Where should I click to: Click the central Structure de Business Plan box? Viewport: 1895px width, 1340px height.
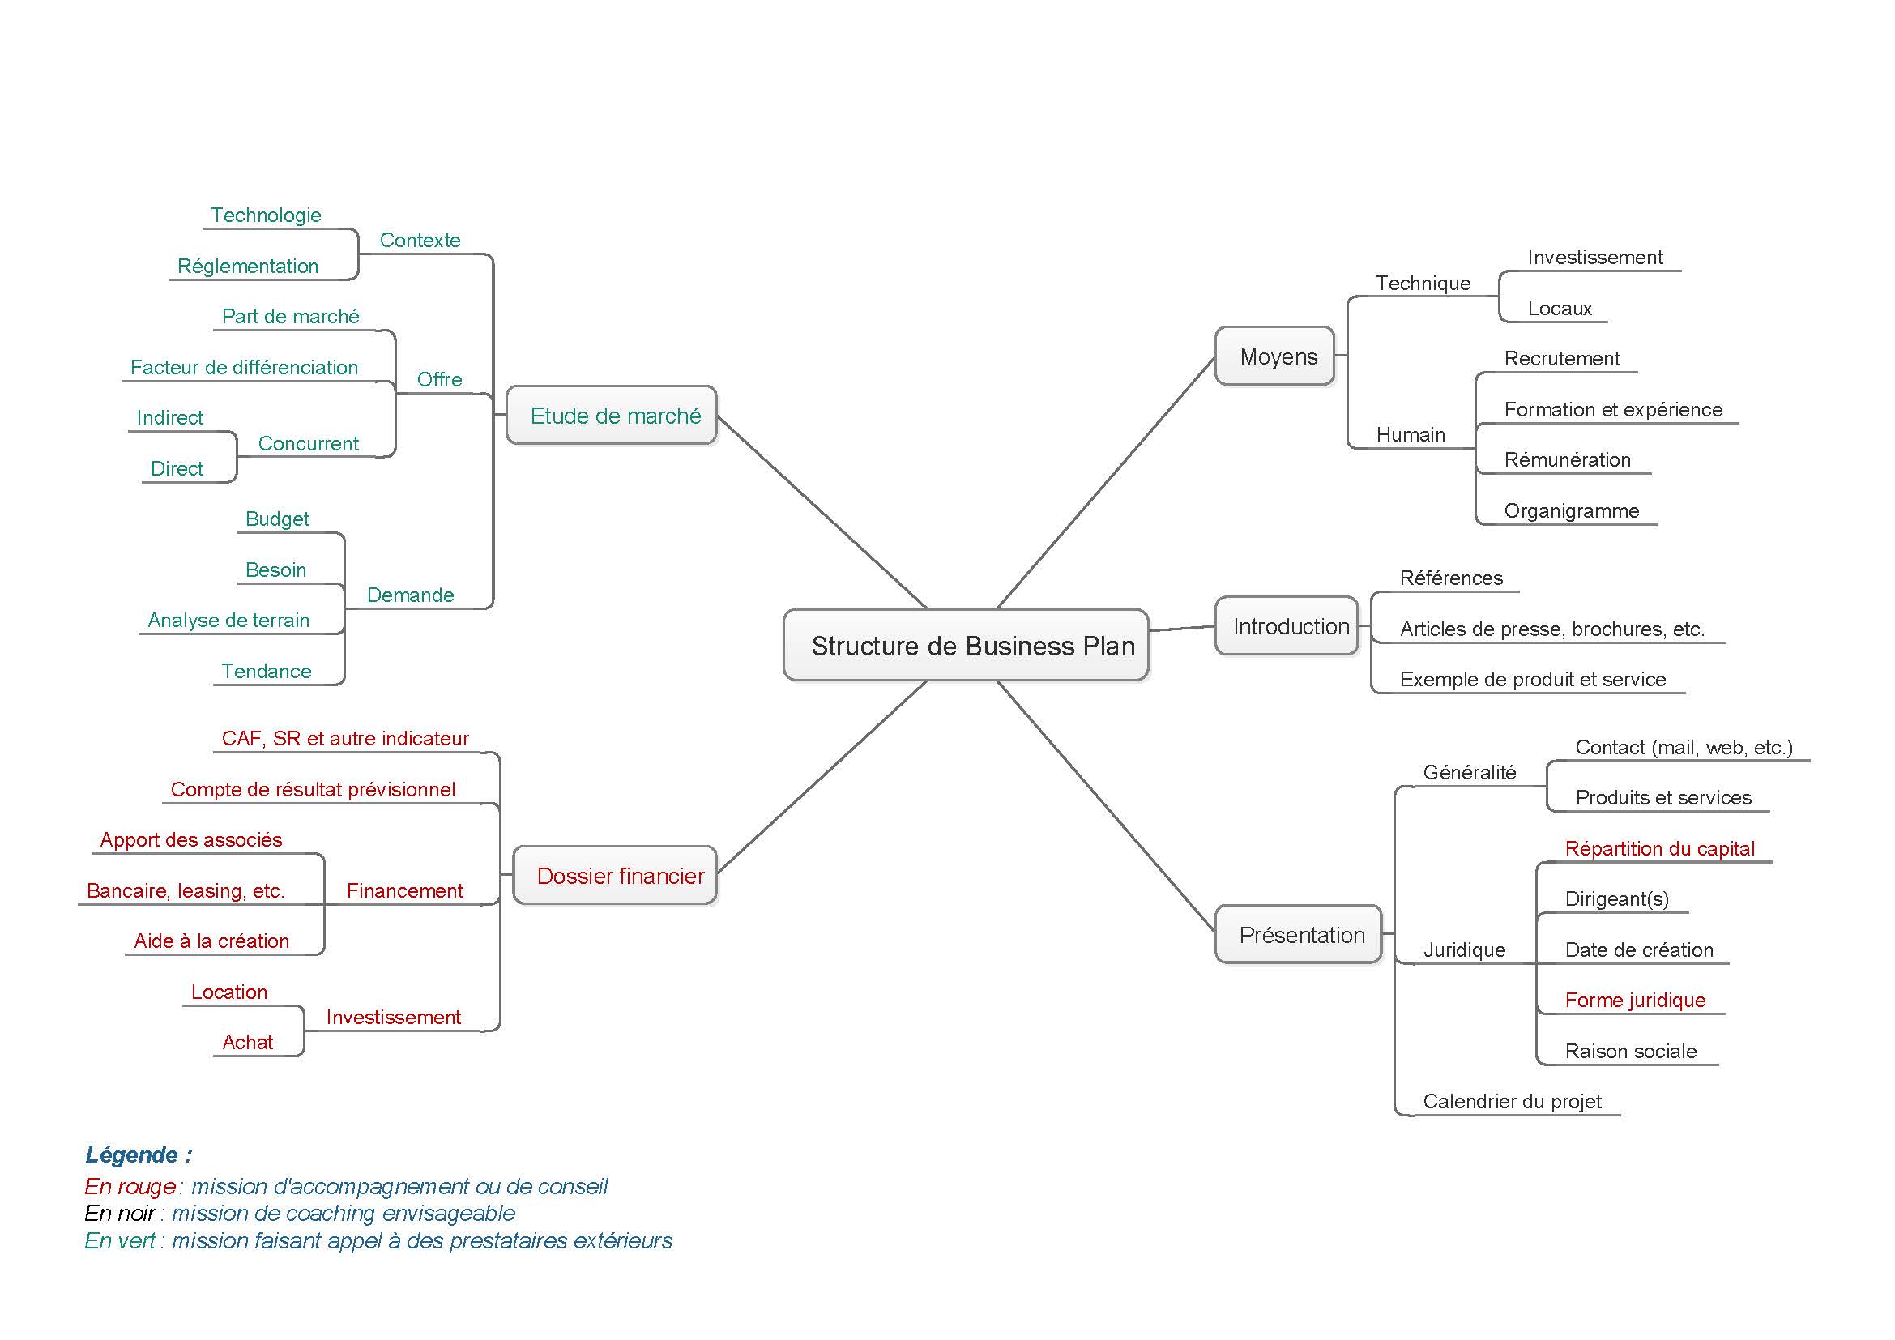(x=966, y=645)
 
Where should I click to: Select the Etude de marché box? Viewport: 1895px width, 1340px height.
(x=612, y=415)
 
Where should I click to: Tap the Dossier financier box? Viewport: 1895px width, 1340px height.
(x=615, y=876)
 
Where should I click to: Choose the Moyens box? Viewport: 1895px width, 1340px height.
(x=1275, y=356)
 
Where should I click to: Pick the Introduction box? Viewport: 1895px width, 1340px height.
(x=1287, y=626)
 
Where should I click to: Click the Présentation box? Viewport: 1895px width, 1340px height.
(x=1299, y=935)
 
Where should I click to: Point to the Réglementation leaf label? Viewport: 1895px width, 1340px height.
(x=248, y=266)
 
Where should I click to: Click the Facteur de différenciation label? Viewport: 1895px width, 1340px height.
(x=245, y=367)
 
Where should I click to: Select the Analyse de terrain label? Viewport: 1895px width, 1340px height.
(x=228, y=620)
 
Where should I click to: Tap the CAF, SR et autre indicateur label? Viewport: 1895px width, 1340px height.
(x=345, y=738)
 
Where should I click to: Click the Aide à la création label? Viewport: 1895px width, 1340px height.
(x=212, y=941)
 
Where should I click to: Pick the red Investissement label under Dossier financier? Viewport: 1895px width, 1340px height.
(x=394, y=1017)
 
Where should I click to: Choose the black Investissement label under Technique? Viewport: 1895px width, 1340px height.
(x=1595, y=257)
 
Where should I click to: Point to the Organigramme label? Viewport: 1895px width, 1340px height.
(x=1572, y=510)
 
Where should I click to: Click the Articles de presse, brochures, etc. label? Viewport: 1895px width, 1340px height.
(x=1552, y=629)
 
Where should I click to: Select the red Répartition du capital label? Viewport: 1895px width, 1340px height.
(x=1660, y=848)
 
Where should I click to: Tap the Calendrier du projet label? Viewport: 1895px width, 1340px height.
(x=1512, y=1101)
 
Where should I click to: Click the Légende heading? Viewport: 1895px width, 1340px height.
(x=139, y=1154)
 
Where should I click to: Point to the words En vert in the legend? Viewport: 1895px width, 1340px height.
(x=120, y=1240)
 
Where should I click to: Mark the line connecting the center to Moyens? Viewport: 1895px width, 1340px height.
(x=1106, y=482)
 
